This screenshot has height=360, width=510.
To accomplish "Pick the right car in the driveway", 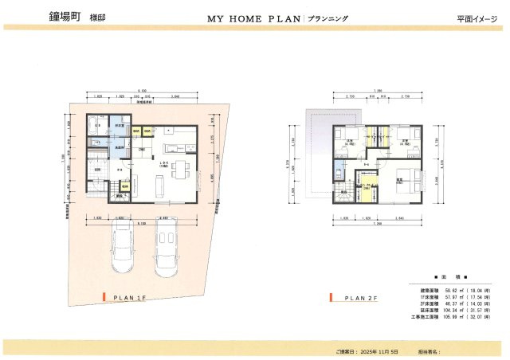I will coord(169,247).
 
